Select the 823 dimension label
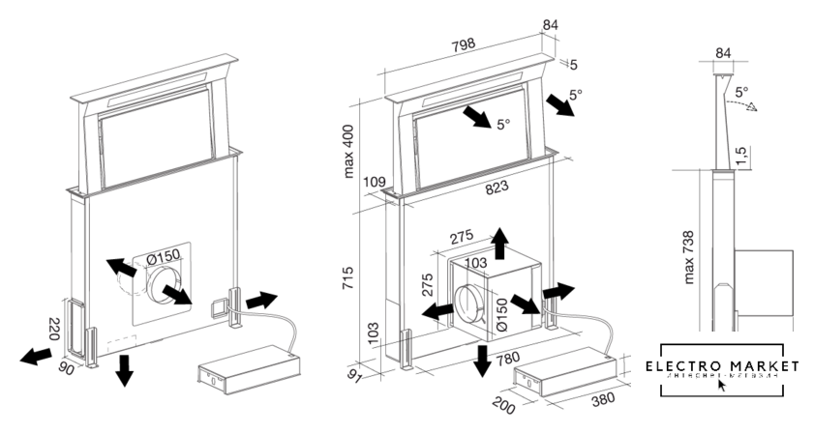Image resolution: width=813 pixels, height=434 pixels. pyautogui.click(x=497, y=190)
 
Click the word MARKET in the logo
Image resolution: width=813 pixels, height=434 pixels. pyautogui.click(x=764, y=366)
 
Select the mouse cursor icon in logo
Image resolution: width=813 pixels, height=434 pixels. pyautogui.click(x=721, y=385)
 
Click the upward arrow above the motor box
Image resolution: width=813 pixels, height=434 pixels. pyautogui.click(x=499, y=243)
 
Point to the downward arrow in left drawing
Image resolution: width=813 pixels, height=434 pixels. pyautogui.click(x=124, y=369)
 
